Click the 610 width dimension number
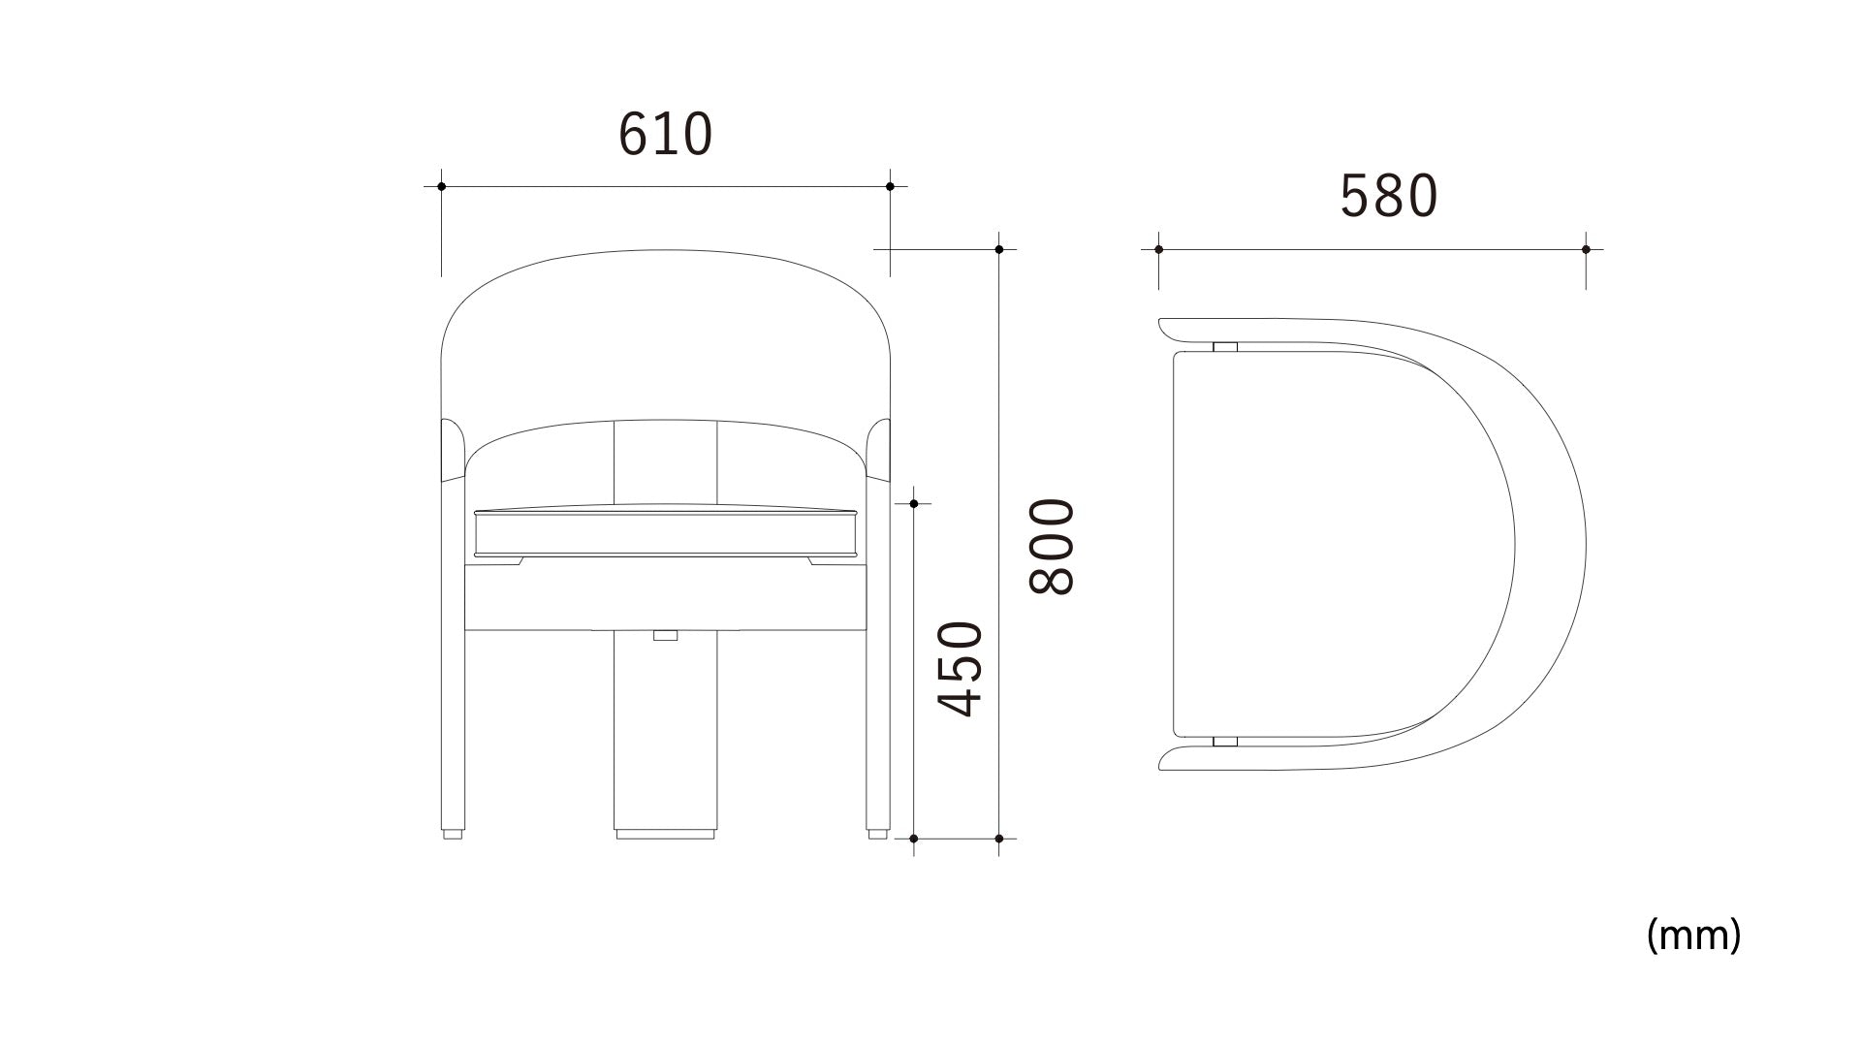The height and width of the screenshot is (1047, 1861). tap(665, 134)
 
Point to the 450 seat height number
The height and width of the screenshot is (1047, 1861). tap(962, 669)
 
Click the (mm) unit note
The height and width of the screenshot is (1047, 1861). tap(1693, 936)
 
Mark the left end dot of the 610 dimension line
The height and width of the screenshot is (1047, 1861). tap(441, 186)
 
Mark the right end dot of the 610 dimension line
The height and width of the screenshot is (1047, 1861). tap(890, 186)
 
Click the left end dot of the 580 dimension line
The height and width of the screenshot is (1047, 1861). tap(1158, 249)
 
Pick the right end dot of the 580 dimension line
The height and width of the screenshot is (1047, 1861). tap(1586, 249)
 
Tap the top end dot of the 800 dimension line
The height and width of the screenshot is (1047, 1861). tap(999, 249)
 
